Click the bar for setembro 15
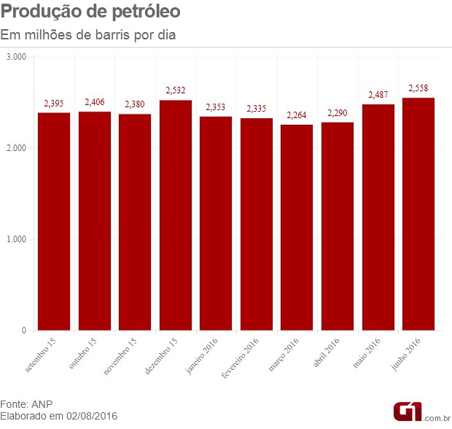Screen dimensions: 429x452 point(54,221)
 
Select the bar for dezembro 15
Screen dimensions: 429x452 point(176,215)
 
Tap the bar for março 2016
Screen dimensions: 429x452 point(297,228)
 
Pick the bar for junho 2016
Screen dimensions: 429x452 point(418,214)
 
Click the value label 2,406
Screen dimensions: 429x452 point(96,102)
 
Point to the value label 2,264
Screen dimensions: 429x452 point(297,115)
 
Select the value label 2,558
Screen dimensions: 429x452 point(418,88)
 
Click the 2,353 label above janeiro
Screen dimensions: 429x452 point(217,107)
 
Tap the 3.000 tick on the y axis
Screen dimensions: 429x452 point(16,57)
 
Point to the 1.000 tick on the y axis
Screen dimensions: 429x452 point(16,239)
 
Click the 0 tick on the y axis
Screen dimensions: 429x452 point(24,331)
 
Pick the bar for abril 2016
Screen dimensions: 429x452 point(338,226)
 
